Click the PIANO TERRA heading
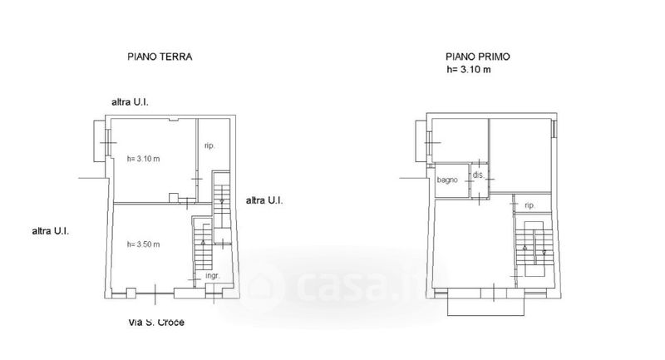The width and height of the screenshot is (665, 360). tap(160, 57)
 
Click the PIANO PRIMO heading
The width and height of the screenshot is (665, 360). tap(477, 57)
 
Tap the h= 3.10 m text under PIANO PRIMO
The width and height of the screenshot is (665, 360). tap(469, 70)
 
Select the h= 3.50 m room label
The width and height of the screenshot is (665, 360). tap(143, 244)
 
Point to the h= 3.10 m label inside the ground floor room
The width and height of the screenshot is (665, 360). tap(143, 159)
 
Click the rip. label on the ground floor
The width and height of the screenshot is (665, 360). tap(209, 145)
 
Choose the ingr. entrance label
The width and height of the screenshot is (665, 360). tap(213, 276)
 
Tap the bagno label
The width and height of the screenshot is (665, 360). tap(447, 180)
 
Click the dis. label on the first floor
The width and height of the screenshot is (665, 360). tap(478, 175)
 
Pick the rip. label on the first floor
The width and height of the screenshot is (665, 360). tap(530, 205)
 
